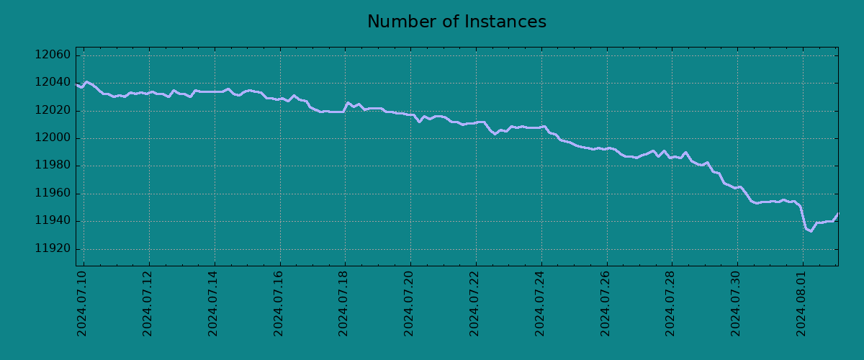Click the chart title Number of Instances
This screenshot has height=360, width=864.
click(x=456, y=22)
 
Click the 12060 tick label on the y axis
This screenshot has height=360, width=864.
click(x=53, y=55)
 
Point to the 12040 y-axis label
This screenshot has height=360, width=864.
click(x=53, y=83)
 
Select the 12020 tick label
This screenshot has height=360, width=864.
click(x=53, y=111)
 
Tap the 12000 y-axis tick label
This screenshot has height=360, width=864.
click(x=53, y=138)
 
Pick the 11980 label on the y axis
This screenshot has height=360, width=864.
click(x=53, y=166)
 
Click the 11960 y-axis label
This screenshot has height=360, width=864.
click(x=53, y=194)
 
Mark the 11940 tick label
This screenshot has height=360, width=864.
click(x=53, y=221)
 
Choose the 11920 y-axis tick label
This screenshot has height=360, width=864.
click(x=53, y=249)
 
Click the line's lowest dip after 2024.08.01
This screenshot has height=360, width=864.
click(x=810, y=231)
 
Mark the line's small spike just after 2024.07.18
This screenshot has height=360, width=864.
click(x=348, y=103)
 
